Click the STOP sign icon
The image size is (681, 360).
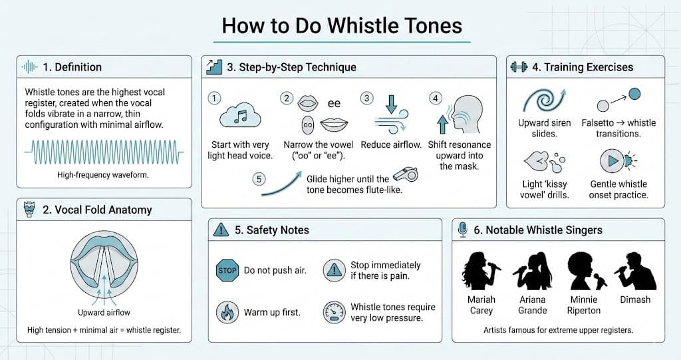click(227, 270)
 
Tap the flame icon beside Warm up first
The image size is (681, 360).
click(227, 312)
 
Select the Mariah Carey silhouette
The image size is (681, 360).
click(479, 271)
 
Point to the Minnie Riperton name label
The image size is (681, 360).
click(584, 305)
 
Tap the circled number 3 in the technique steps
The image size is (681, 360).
click(367, 98)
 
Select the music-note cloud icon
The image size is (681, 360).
click(240, 116)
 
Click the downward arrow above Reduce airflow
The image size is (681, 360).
click(391, 104)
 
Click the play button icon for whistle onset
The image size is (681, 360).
click(613, 161)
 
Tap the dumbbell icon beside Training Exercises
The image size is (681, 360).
click(519, 67)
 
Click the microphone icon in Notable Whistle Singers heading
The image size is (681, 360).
click(463, 230)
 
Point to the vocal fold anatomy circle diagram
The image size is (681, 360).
click(104, 268)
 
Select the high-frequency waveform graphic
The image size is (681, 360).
click(104, 152)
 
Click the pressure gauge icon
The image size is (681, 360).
click(334, 312)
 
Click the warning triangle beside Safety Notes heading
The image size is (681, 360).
click(221, 230)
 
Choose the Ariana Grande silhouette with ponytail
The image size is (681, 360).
click(533, 271)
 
